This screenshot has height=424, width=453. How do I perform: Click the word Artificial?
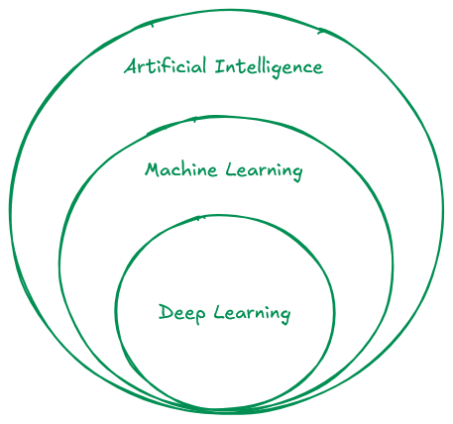click(166, 66)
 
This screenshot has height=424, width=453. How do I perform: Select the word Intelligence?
click(269, 67)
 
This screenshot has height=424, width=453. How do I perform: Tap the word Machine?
click(181, 169)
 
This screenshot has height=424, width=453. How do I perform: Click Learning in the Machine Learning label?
click(265, 171)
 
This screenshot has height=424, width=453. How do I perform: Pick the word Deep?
click(182, 314)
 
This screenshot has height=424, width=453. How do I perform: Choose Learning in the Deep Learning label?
click(252, 314)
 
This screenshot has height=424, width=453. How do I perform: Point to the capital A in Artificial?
click(131, 66)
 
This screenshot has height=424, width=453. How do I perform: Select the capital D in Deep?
click(166, 312)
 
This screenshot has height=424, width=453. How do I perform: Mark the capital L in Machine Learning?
click(231, 169)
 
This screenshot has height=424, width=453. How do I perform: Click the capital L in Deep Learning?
click(219, 312)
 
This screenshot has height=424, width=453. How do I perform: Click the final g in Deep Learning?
click(284, 316)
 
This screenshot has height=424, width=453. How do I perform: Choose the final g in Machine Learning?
click(297, 173)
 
